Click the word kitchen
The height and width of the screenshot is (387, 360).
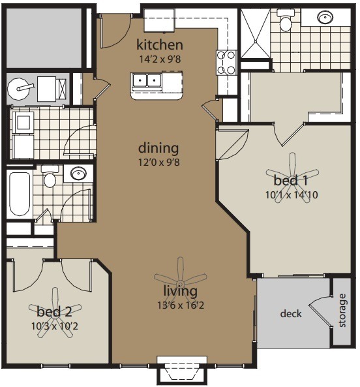click(160, 45)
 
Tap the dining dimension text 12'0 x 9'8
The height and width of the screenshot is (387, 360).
click(159, 163)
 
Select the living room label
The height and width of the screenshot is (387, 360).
click(180, 291)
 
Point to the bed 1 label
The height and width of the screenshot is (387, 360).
click(291, 180)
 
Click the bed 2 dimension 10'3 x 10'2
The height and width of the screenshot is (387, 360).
click(55, 326)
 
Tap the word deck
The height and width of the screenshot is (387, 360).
click(291, 314)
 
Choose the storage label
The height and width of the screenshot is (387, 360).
click(342, 310)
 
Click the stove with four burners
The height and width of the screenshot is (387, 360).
click(226, 63)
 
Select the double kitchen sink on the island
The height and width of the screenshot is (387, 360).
click(146, 80)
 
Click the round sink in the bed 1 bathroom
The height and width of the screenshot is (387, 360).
click(325, 17)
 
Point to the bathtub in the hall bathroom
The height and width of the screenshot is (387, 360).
click(20, 194)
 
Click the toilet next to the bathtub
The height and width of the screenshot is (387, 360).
click(50, 177)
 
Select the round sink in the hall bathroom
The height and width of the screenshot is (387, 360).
click(78, 174)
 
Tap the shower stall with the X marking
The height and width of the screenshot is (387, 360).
click(256, 33)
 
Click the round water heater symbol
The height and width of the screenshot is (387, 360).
click(19, 89)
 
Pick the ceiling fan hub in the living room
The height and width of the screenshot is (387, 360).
click(180, 283)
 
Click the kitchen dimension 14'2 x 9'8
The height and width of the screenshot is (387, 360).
click(160, 59)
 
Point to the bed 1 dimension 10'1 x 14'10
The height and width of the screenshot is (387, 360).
click(292, 195)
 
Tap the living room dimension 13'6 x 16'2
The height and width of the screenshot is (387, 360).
click(181, 305)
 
